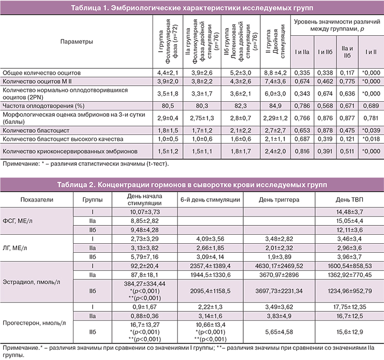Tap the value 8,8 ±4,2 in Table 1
click(276, 71)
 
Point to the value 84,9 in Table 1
click(276, 105)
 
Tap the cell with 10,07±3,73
click(141, 212)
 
